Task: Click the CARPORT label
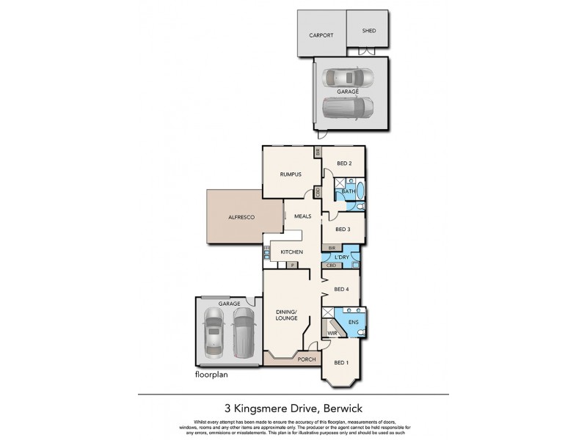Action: pos(321,34)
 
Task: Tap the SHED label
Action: pos(368,32)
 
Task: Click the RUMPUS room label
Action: pos(291,174)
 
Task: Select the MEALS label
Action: pos(303,216)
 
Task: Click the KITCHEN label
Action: pos(291,252)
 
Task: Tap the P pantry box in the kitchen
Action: pos(291,265)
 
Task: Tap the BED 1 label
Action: pos(342,363)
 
